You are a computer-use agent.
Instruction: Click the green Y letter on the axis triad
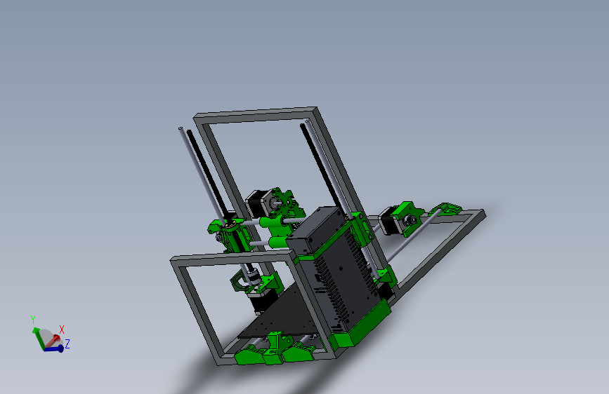pyautogui.click(x=33, y=319)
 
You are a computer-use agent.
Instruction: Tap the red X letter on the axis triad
pyautogui.click(x=62, y=328)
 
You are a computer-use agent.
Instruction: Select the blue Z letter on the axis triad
pyautogui.click(x=67, y=344)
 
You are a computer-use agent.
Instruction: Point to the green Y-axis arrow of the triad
pyautogui.click(x=37, y=332)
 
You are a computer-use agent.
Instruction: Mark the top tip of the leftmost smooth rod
pyautogui.click(x=181, y=129)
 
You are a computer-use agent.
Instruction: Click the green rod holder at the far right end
pyautogui.click(x=450, y=208)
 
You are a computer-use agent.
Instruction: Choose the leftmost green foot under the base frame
pyautogui.click(x=248, y=355)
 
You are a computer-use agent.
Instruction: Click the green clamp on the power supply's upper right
pyautogui.click(x=360, y=229)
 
